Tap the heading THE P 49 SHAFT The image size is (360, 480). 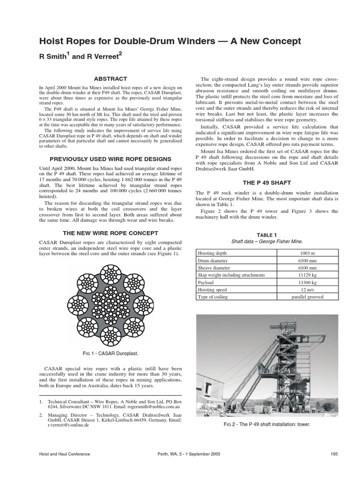[266, 182]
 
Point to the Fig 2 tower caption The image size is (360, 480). [267, 424]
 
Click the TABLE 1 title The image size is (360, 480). [267, 235]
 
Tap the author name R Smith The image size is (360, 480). [54, 57]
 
